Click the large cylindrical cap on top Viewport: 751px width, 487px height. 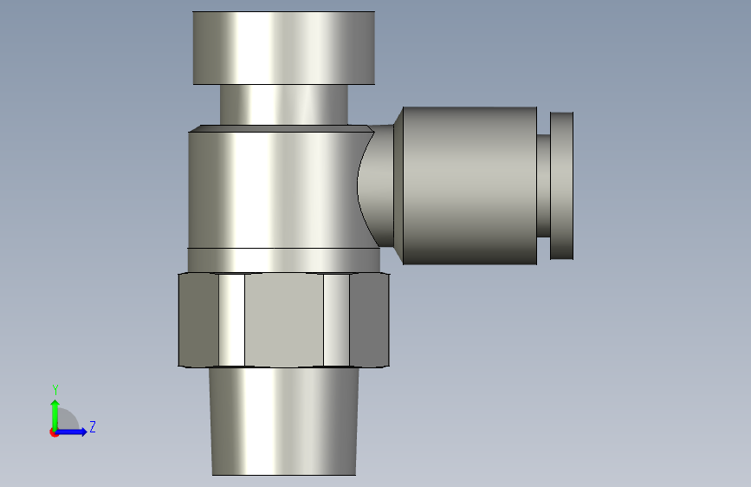283,48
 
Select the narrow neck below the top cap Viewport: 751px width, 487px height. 283,104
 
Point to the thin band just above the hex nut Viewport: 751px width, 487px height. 283,259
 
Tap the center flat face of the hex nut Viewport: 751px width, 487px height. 283,320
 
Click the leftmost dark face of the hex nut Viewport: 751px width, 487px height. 197,320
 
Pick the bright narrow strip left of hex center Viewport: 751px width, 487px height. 230,320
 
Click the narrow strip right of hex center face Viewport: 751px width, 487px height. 335,320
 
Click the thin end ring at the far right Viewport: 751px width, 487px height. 562,185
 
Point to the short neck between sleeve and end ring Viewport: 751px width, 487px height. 543,185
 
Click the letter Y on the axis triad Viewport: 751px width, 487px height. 55,390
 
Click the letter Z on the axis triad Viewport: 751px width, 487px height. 92,426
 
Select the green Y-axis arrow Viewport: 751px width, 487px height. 55,411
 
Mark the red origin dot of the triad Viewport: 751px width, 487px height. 55,432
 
